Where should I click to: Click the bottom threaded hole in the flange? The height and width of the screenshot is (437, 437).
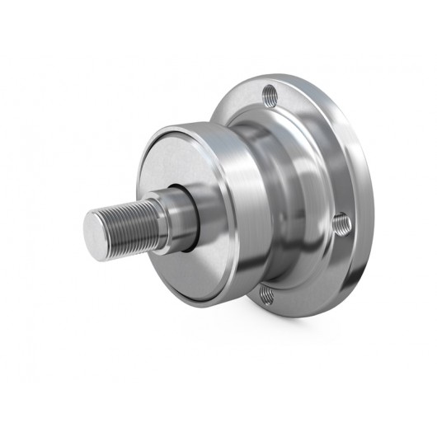(x=266, y=291)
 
